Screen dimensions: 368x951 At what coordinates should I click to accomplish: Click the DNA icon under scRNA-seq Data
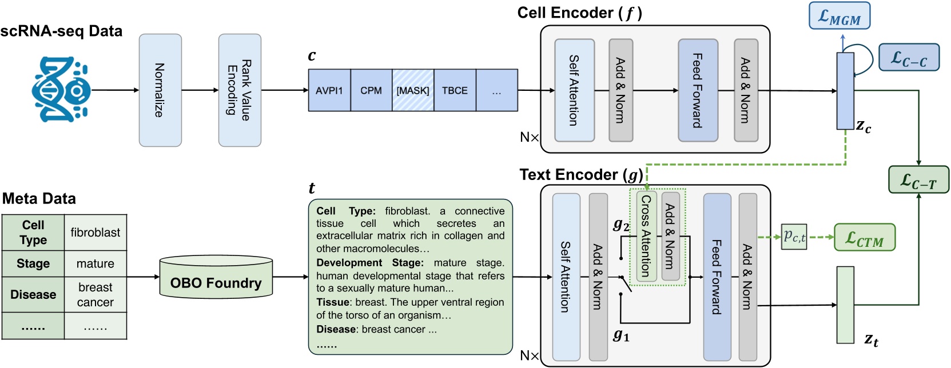(61, 90)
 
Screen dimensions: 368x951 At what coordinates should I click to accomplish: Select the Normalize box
(160, 90)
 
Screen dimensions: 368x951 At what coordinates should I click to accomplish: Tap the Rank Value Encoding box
(240, 90)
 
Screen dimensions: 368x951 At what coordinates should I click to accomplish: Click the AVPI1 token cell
(329, 90)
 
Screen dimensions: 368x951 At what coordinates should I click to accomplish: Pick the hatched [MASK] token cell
(413, 90)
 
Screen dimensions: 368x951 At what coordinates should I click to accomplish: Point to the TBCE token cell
(455, 90)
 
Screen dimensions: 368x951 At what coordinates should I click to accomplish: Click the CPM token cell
(371, 90)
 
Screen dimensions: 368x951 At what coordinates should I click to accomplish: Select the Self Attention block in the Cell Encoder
(574, 90)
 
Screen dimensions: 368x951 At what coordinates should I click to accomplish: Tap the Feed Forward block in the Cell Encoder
(698, 90)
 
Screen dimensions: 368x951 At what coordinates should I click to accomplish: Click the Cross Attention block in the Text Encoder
(646, 236)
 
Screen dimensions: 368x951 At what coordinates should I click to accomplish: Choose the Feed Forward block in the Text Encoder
(717, 277)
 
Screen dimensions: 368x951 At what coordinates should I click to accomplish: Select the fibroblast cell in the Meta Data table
(95, 233)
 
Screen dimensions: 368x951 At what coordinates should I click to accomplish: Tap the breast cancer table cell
(95, 295)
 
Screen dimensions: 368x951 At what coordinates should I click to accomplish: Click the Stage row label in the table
(33, 264)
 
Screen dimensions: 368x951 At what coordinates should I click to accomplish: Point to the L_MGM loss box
(839, 17)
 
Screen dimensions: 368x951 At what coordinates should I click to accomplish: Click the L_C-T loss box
(918, 180)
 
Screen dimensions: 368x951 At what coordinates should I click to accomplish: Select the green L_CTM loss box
(865, 238)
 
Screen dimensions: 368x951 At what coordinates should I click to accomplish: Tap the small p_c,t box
(794, 236)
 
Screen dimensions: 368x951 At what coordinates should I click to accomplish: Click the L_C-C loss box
(909, 58)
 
